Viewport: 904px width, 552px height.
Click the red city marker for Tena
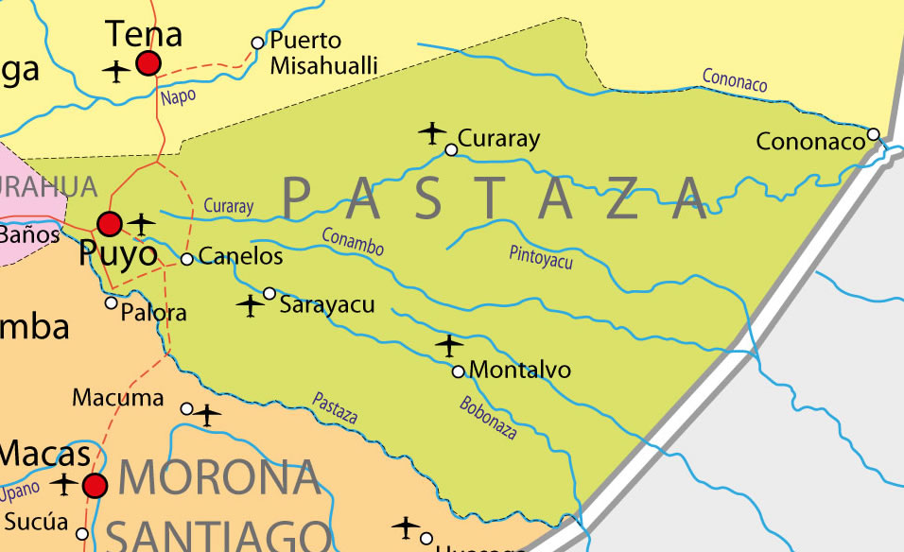point(148,63)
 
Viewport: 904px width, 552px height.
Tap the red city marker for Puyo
point(110,224)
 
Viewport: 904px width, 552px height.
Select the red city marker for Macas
point(95,486)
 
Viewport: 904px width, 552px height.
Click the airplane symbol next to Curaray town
point(432,132)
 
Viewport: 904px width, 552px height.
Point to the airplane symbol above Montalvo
point(449,345)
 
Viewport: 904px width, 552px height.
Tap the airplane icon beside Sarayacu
point(250,305)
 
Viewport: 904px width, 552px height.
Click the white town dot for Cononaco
point(874,134)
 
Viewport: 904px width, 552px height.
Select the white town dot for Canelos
point(187,258)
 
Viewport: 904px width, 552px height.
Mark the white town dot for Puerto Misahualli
point(257,43)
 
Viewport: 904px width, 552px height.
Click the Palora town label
point(154,313)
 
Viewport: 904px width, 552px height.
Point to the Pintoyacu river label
point(541,257)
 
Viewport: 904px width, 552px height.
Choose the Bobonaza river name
point(488,417)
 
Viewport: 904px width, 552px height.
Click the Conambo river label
point(353,242)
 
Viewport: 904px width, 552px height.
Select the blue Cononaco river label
point(735,81)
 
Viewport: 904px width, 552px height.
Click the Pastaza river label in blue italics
point(335,407)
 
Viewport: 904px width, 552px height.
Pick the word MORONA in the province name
point(218,478)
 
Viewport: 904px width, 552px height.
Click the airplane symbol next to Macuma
point(207,414)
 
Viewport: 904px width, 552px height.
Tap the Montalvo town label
point(520,370)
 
